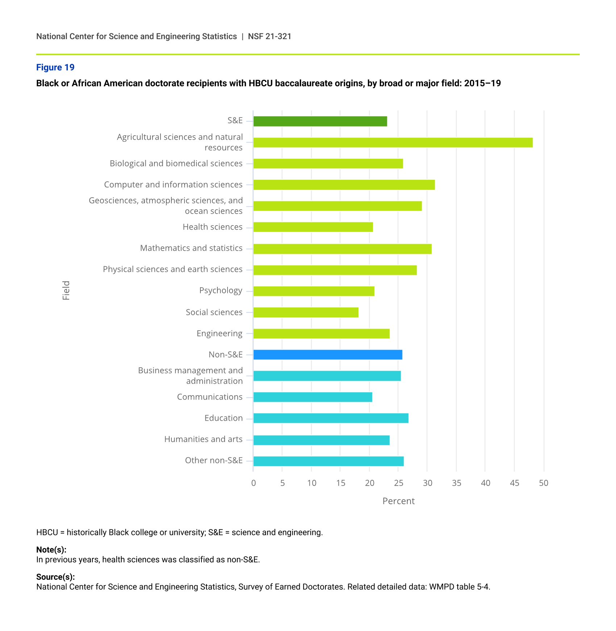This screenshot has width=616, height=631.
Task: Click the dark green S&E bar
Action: pos(320,121)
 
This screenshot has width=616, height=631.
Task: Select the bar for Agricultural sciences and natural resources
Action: pos(393,143)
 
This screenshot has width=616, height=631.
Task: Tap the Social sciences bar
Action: pos(306,312)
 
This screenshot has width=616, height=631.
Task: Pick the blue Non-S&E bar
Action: pos(328,355)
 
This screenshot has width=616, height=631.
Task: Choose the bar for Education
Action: pos(331,418)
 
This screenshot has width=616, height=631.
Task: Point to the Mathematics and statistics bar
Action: pos(342,249)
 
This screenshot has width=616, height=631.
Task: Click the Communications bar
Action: pos(313,397)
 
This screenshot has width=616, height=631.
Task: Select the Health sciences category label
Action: pos(212,227)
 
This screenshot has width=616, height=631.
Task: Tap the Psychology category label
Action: pos(221,290)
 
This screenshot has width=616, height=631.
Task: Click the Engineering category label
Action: pos(219,333)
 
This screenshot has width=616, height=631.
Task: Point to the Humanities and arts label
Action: pos(203,439)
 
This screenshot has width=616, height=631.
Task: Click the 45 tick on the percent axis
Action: pos(515,483)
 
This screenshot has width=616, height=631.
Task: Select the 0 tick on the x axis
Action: pos(253,483)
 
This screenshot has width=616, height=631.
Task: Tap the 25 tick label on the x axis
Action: pos(399,483)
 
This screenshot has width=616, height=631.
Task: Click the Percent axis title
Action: pos(398,501)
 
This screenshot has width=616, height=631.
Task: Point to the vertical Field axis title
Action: pos(66,290)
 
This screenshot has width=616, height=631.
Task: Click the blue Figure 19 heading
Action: pos(55,67)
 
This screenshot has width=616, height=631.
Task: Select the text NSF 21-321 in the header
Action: pos(270,36)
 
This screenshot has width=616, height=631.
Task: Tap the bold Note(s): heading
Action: pos(51,549)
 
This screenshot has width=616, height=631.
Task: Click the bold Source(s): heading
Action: pos(55,577)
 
